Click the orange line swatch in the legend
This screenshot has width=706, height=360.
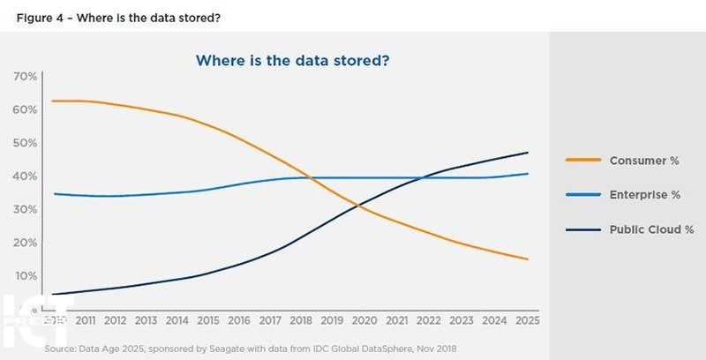[x=582, y=161]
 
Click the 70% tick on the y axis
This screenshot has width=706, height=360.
[x=25, y=77]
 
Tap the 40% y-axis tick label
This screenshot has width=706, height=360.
[x=25, y=176]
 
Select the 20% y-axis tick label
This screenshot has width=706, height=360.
[x=25, y=243]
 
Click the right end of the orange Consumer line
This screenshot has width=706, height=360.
[x=528, y=259]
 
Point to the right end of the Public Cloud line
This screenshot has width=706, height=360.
[x=528, y=153]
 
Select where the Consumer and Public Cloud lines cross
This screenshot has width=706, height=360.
[x=359, y=206]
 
